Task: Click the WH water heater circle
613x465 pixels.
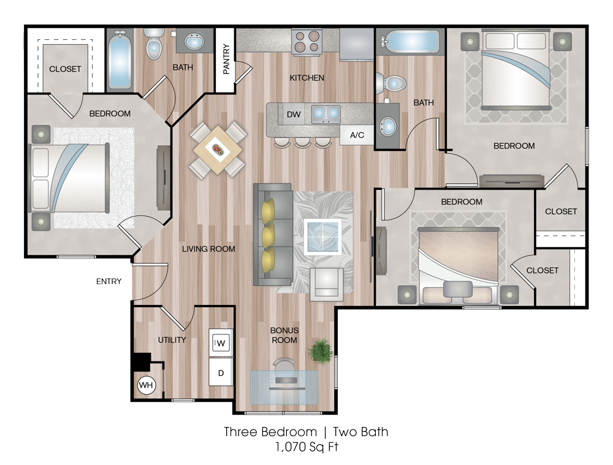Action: (x=146, y=385)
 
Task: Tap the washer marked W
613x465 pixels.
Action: (x=221, y=343)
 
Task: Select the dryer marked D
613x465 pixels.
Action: (x=221, y=373)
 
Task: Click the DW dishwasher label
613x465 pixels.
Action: (x=294, y=115)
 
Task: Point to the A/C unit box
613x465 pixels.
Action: (x=357, y=135)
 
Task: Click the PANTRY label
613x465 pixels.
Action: (x=226, y=59)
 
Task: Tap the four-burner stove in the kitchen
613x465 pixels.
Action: (x=307, y=42)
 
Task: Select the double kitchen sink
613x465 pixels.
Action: (x=326, y=113)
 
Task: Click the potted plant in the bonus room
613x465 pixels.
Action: (x=320, y=351)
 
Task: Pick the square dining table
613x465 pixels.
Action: (x=218, y=150)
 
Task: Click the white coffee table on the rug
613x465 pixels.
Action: (x=323, y=236)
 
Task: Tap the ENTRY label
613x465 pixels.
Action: (x=109, y=281)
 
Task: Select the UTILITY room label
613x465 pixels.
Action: (x=172, y=340)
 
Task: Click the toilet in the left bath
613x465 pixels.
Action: (x=154, y=44)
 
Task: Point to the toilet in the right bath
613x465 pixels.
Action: (x=390, y=83)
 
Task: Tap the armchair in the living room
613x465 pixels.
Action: (x=327, y=284)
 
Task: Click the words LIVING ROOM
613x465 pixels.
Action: (x=208, y=248)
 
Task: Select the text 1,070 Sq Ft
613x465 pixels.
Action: (x=306, y=447)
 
